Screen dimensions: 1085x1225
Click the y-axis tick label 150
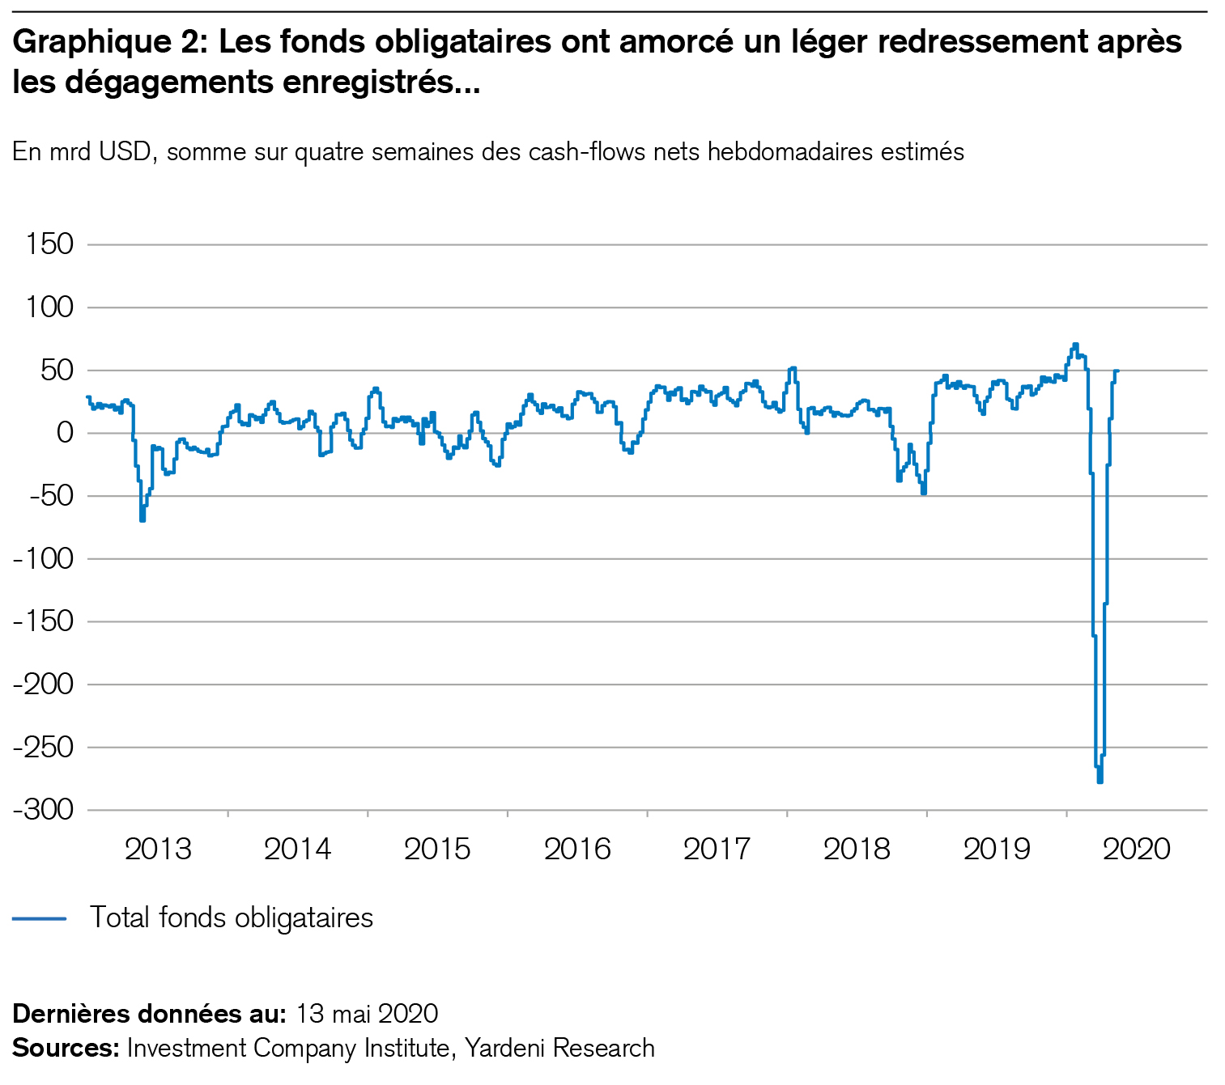(x=50, y=244)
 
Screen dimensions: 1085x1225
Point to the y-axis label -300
(x=45, y=810)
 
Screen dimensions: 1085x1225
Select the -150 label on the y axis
(x=45, y=621)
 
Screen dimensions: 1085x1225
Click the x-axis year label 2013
(x=159, y=849)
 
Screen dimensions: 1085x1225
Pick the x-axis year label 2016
(x=577, y=849)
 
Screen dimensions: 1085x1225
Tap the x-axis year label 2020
(x=1137, y=849)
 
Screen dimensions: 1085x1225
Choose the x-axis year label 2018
(x=857, y=849)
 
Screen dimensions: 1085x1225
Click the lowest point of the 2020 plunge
(x=1100, y=781)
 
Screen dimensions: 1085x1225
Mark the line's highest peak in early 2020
(x=1075, y=345)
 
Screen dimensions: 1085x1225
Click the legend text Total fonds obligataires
(x=232, y=918)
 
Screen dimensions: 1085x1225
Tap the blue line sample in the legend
(x=39, y=918)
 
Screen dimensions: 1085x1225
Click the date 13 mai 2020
(x=367, y=1014)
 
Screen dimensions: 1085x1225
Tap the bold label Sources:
(x=66, y=1048)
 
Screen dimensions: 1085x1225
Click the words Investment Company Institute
(x=288, y=1048)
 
